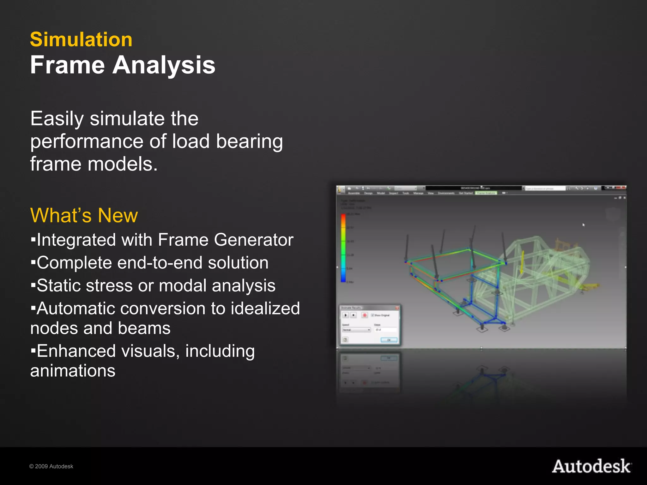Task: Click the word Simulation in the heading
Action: [x=81, y=39]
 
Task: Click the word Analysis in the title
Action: [x=164, y=65]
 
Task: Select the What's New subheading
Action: [x=84, y=215]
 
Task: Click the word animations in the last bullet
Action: [x=73, y=370]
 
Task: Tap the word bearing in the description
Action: [x=250, y=141]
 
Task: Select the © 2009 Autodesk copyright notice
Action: [x=51, y=466]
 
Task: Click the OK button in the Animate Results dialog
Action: [x=389, y=340]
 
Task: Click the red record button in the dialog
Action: [x=364, y=315]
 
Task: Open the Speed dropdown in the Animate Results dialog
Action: [x=357, y=330]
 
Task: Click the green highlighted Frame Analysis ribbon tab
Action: [x=486, y=193]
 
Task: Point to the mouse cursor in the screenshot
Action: [x=584, y=225]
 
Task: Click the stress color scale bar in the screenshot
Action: [x=343, y=248]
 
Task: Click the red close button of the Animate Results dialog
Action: [x=397, y=308]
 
